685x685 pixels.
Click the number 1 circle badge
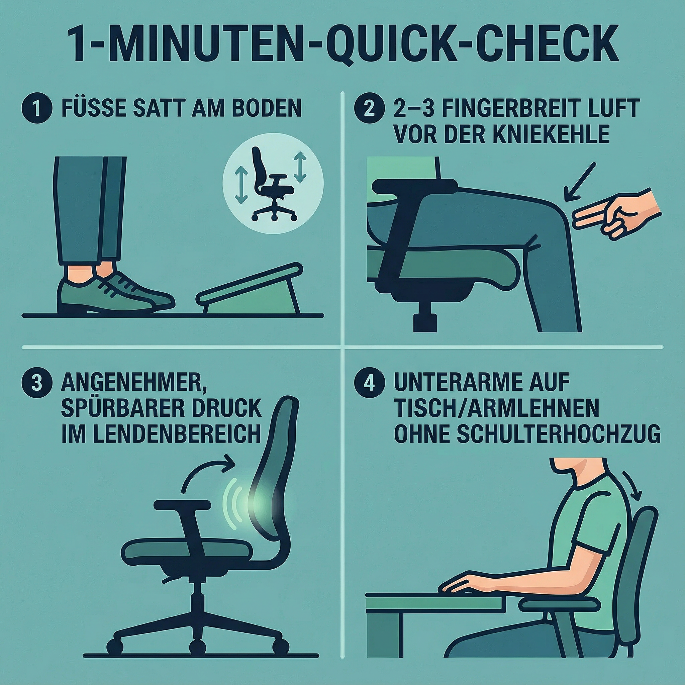click(x=37, y=108)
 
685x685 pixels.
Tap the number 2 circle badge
click(x=370, y=108)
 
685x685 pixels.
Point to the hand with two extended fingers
click(x=617, y=216)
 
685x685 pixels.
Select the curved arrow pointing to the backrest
click(x=206, y=470)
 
